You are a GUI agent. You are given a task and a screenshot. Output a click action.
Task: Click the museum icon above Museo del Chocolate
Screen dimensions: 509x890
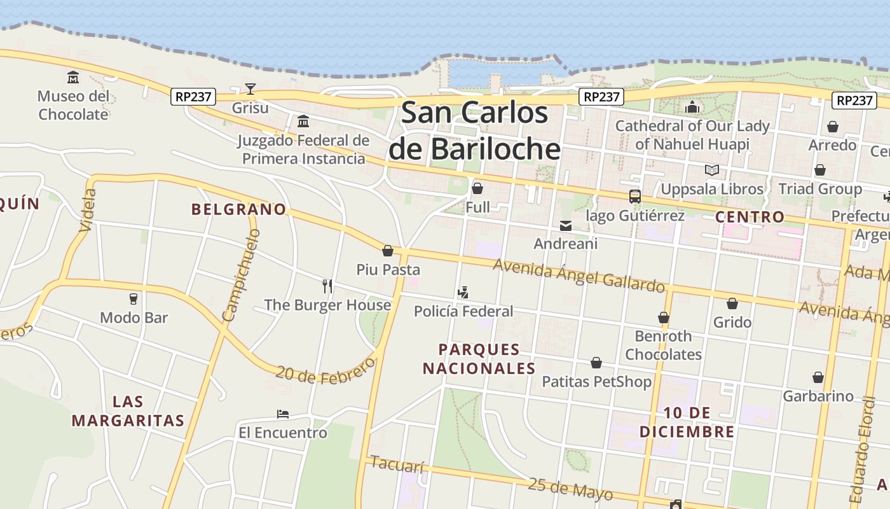point(73,78)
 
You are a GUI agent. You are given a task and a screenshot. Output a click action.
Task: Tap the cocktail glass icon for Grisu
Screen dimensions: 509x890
point(250,89)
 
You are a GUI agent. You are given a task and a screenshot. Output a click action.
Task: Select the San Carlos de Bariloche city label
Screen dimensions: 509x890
point(474,130)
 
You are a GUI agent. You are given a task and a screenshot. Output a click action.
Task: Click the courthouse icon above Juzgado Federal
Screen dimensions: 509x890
point(303,121)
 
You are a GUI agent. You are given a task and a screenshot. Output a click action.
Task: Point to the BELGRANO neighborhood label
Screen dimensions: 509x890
point(238,209)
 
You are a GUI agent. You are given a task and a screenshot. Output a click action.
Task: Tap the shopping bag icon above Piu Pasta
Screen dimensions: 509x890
point(388,251)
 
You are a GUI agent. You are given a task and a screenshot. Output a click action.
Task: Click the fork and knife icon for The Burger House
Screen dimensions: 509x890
point(327,286)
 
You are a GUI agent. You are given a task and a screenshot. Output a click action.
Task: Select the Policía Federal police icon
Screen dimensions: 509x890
point(463,293)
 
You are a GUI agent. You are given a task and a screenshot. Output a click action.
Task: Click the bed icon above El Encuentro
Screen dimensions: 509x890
point(283,414)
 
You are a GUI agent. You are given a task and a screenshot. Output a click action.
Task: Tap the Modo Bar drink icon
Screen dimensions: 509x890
point(133,298)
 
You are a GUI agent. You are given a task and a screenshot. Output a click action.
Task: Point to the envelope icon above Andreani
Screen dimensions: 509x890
point(565,225)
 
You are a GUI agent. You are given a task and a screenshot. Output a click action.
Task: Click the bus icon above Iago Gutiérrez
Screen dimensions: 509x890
point(634,197)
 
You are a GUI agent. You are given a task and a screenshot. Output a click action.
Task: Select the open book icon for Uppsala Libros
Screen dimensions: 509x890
point(712,170)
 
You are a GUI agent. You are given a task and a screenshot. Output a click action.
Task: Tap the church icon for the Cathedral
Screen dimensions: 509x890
point(692,107)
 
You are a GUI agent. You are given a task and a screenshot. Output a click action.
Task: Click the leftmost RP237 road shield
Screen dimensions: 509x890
point(194,97)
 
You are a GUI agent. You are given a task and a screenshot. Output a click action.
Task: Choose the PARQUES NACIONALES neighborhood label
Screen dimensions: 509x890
point(479,359)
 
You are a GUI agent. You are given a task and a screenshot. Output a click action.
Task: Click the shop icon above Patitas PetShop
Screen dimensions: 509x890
point(596,363)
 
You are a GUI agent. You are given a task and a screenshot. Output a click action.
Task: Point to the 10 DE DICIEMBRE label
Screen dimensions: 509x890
point(687,422)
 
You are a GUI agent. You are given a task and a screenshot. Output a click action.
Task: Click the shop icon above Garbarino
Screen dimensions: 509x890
point(818,377)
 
